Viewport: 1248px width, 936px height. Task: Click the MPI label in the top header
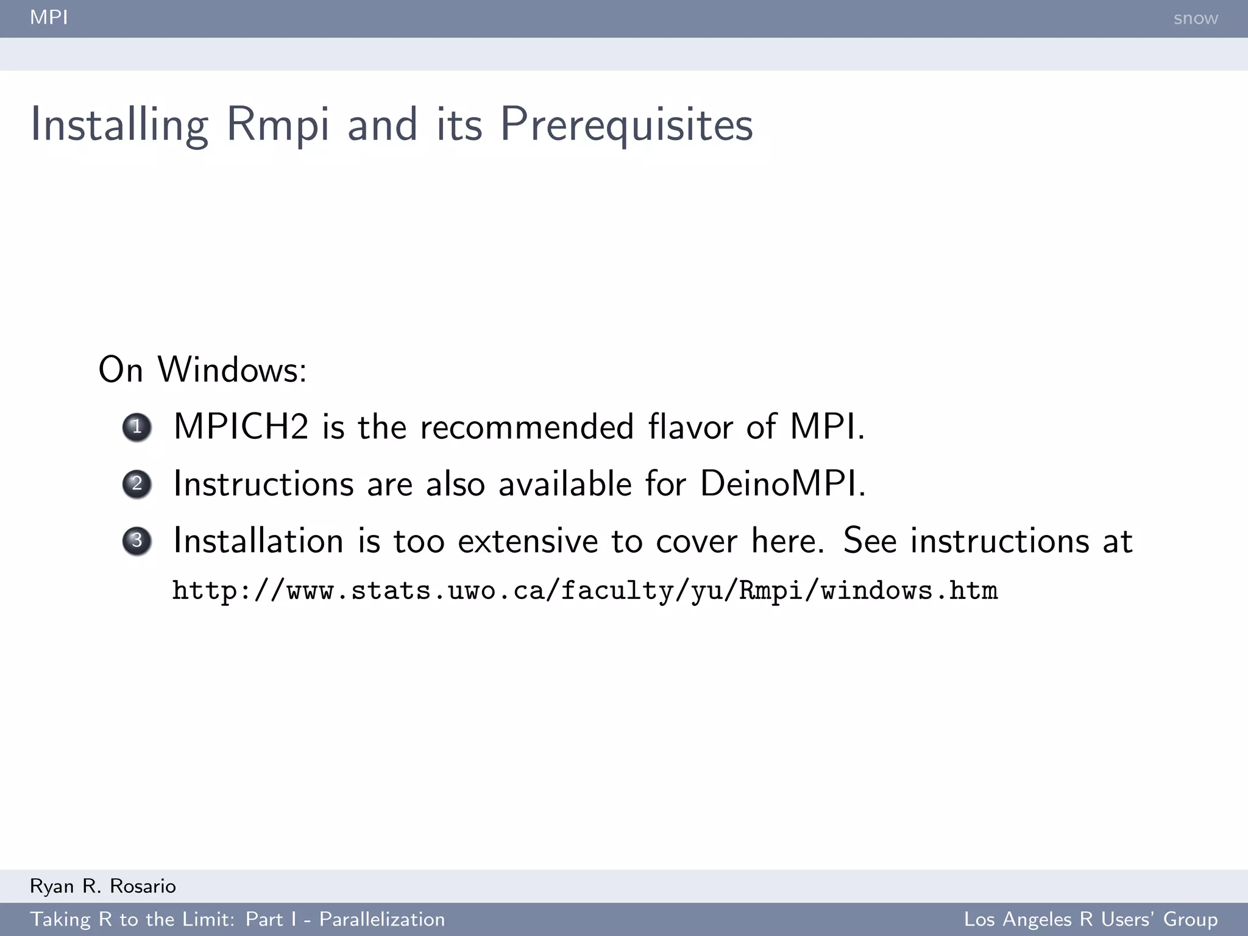click(x=49, y=17)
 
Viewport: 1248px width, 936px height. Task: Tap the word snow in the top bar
click(x=1195, y=18)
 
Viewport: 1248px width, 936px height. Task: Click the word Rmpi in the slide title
click(x=277, y=125)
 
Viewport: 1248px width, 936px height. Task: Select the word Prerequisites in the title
click(x=626, y=125)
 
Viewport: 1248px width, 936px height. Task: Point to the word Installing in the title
click(x=119, y=125)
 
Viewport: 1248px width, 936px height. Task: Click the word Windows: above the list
click(x=232, y=369)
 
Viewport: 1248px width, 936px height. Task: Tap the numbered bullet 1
click(x=137, y=427)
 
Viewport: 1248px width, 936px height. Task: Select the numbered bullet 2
click(x=137, y=484)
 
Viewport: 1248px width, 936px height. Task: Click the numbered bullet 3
click(x=137, y=541)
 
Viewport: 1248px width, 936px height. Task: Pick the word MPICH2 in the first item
click(x=241, y=426)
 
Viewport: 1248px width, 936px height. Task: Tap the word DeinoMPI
click(x=782, y=483)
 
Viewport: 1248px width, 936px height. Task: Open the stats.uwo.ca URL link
click(x=585, y=590)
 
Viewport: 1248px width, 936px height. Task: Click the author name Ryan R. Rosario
click(x=103, y=886)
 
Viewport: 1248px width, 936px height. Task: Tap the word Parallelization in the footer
click(x=382, y=919)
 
